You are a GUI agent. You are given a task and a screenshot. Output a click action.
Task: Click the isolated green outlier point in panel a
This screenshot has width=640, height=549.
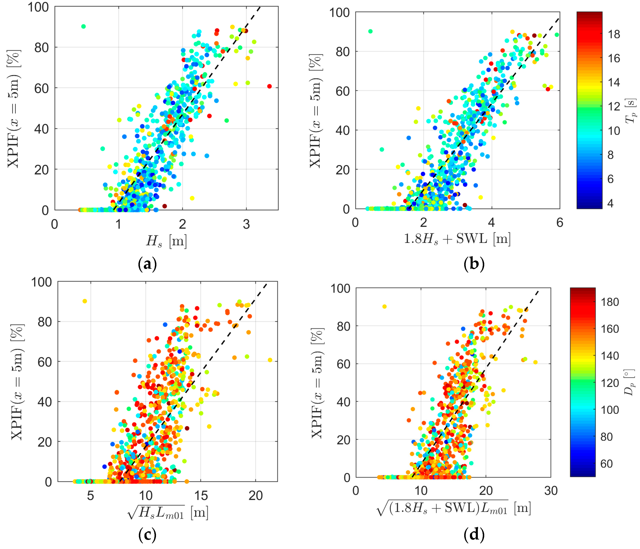(83, 27)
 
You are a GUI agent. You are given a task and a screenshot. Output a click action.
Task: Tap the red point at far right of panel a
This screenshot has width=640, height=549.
(269, 86)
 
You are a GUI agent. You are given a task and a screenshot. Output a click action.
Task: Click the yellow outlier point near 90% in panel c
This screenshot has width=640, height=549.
(85, 301)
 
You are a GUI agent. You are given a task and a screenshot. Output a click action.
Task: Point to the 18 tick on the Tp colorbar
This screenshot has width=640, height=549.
(614, 34)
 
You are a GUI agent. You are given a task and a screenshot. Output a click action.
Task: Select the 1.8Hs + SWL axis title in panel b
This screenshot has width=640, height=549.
(457, 239)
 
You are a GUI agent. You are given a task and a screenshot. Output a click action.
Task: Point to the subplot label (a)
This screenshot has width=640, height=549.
(147, 264)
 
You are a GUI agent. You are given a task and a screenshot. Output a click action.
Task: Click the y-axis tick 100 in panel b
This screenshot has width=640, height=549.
(339, 13)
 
